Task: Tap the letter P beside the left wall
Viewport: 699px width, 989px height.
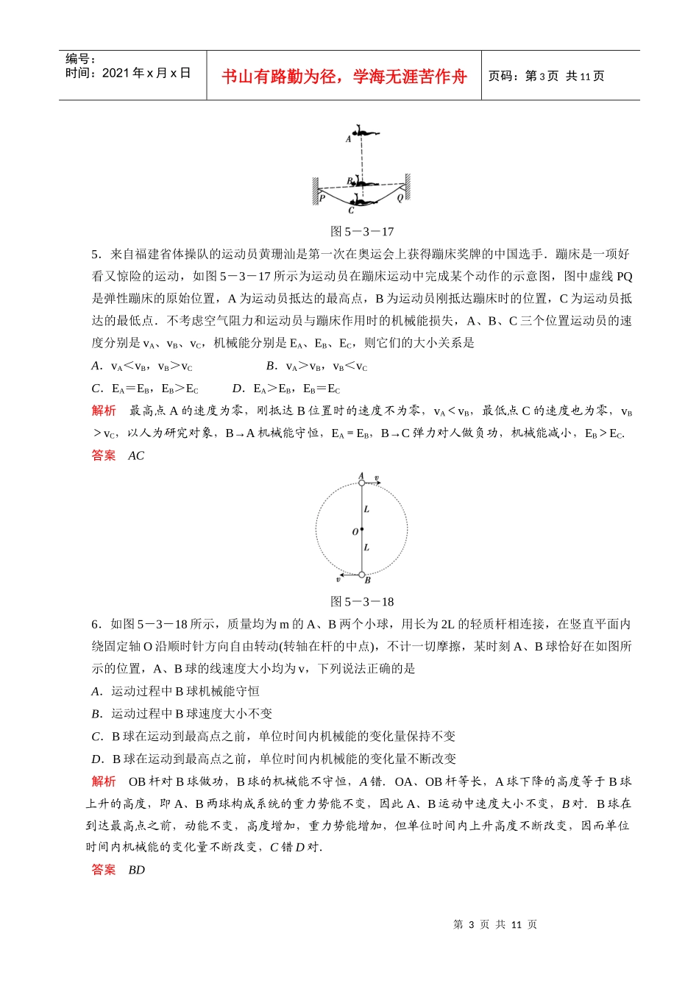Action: (322, 198)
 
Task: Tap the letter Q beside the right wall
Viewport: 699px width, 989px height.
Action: (400, 197)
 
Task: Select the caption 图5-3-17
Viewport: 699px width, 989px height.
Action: (362, 231)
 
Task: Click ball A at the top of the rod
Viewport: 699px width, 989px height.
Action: (361, 483)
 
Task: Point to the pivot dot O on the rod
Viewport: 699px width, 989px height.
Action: (361, 530)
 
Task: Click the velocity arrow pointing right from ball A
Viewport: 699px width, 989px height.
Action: (373, 483)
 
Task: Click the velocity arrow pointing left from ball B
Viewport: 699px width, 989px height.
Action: (349, 575)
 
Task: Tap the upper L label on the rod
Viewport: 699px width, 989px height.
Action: (366, 509)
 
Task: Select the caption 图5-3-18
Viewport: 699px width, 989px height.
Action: (362, 601)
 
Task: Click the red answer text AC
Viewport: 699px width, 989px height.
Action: (136, 455)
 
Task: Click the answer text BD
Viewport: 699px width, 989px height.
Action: (136, 870)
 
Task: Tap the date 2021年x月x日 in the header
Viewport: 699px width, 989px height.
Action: (146, 73)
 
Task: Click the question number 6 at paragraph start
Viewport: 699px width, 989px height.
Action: (96, 624)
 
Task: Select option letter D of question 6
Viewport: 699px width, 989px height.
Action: (96, 759)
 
